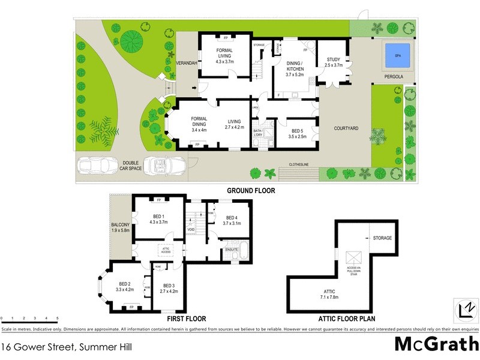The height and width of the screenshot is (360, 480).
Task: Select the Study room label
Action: tap(334, 62)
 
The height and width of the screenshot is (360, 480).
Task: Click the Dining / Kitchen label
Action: tap(295, 65)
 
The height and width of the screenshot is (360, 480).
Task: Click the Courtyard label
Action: tap(346, 128)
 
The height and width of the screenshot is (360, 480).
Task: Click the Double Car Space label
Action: tap(131, 166)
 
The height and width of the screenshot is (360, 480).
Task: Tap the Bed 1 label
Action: tap(158, 218)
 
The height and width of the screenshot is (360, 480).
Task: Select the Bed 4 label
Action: tap(232, 220)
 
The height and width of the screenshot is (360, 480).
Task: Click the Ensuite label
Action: tap(231, 248)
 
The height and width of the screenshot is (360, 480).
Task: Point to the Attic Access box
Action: tap(166, 250)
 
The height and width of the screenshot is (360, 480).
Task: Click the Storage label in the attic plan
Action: tap(383, 238)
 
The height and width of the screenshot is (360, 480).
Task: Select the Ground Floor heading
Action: tap(248, 190)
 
